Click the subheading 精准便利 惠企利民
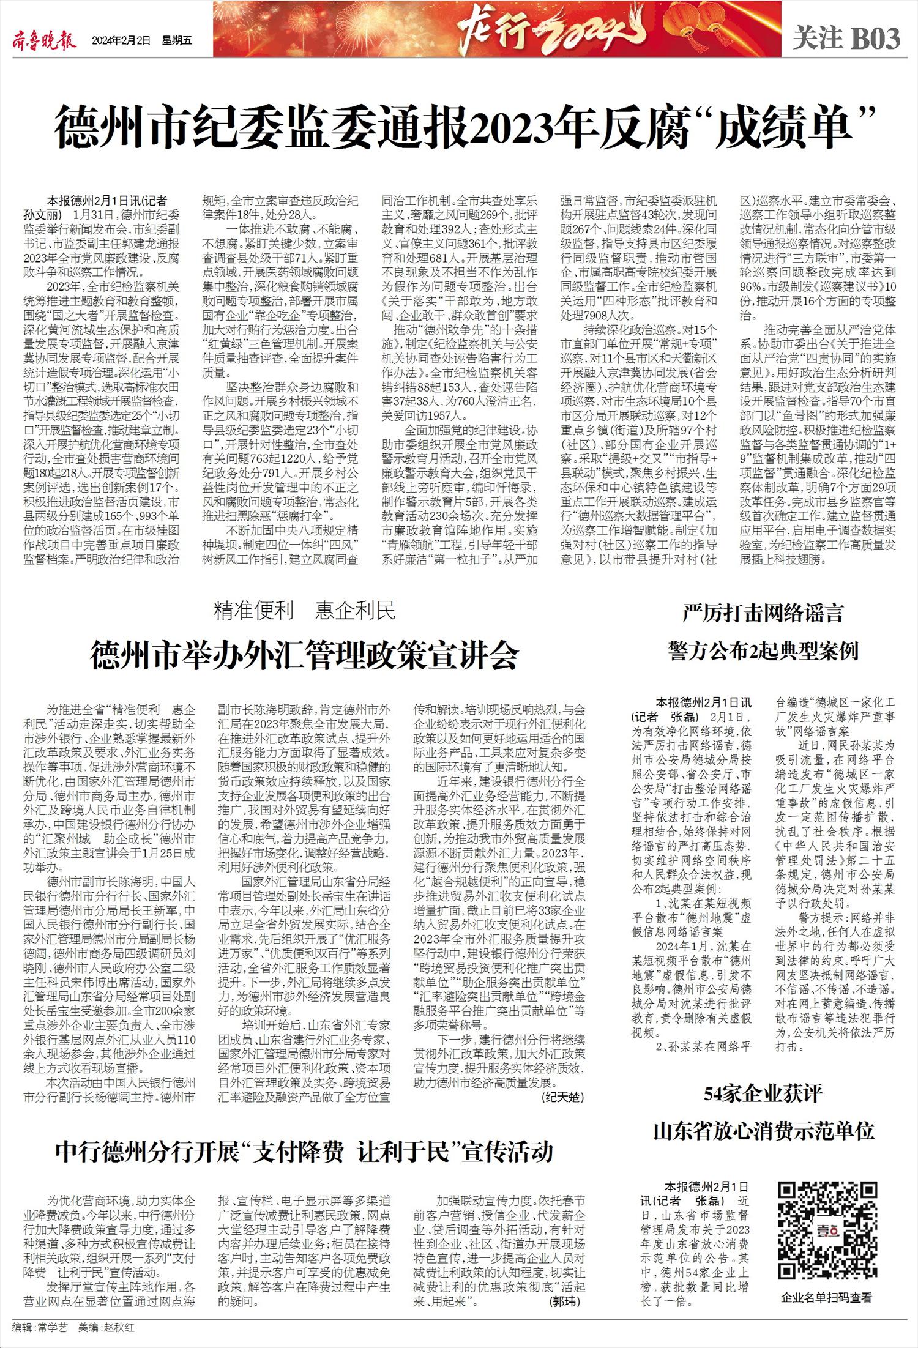click(305, 611)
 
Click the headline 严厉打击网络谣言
click(763, 613)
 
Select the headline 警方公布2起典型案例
click(764, 651)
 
